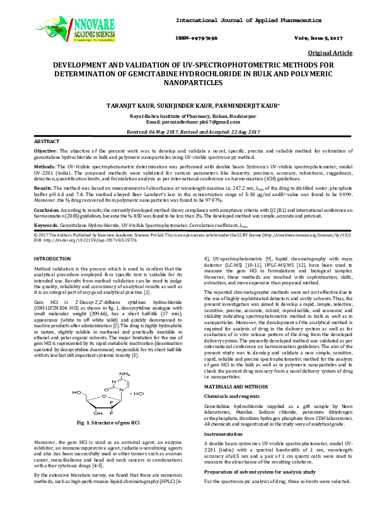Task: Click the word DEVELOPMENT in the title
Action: [x=84, y=65]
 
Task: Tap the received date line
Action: [x=188, y=132]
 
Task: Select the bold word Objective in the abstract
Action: [x=45, y=152]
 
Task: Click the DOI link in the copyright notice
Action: [x=76, y=258]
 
